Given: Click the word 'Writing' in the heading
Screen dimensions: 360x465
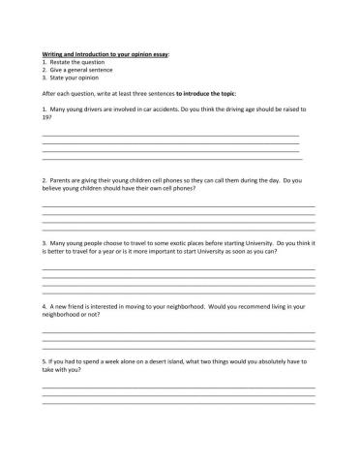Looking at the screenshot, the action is click(x=54, y=55).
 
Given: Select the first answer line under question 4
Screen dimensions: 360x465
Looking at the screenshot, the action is click(x=178, y=332).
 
